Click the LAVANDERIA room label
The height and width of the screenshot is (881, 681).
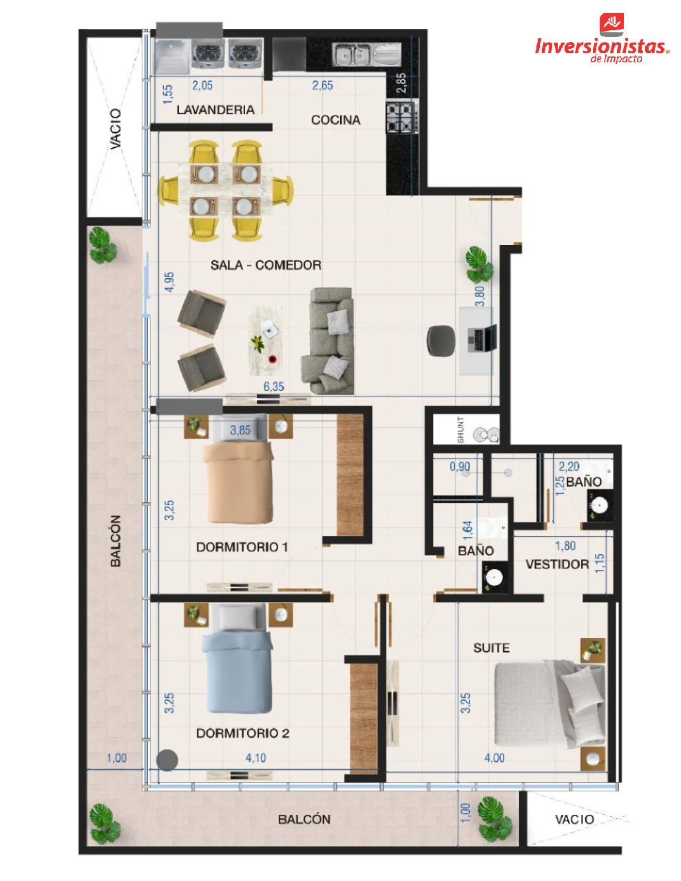(x=216, y=109)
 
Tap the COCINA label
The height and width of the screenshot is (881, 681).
(x=335, y=120)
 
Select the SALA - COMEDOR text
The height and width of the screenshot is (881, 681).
(x=266, y=265)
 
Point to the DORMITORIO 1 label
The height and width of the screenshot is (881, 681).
(x=242, y=547)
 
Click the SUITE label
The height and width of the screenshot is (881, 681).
(x=491, y=648)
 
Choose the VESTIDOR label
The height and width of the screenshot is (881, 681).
(x=557, y=564)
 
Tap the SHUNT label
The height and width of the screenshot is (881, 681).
(x=461, y=429)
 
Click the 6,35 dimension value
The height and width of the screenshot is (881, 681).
(x=274, y=386)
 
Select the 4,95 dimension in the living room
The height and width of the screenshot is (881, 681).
(x=169, y=282)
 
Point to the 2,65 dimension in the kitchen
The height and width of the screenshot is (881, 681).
(x=322, y=85)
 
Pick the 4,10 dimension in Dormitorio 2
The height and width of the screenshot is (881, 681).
(x=255, y=758)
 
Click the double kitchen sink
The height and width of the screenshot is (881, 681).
(x=351, y=55)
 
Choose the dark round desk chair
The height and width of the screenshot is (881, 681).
(x=441, y=341)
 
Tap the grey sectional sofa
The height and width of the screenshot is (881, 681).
(x=327, y=341)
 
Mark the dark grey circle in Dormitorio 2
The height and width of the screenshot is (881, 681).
(x=167, y=759)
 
